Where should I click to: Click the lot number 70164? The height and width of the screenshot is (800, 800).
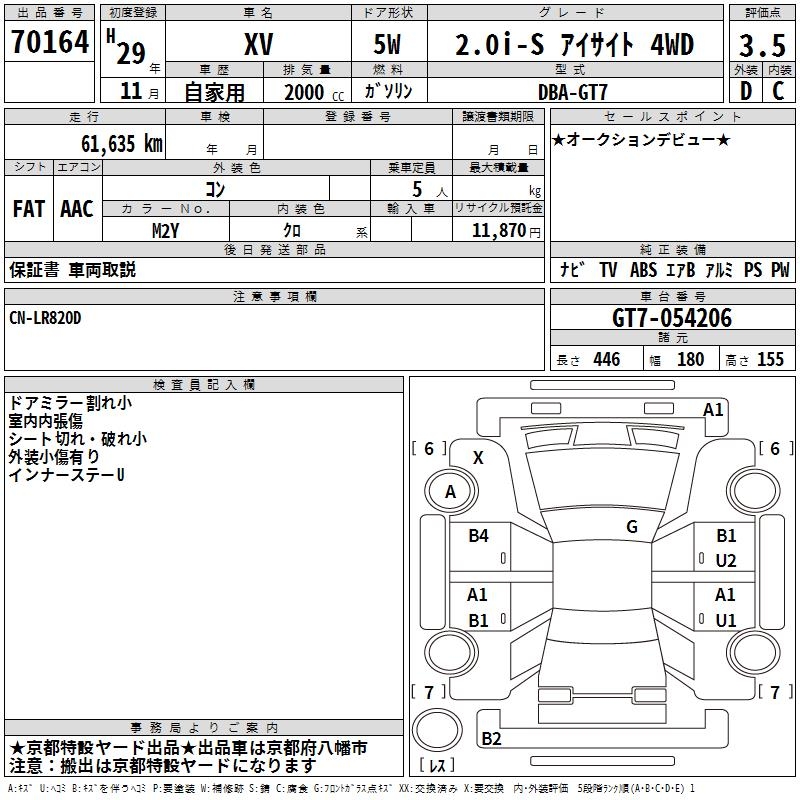pyautogui.click(x=50, y=42)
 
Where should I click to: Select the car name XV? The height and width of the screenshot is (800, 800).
pyautogui.click(x=259, y=44)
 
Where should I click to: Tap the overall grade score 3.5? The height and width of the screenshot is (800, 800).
pyautogui.click(x=762, y=45)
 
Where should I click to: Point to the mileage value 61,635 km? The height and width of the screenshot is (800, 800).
pyautogui.click(x=122, y=143)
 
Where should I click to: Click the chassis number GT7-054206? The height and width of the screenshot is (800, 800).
pyautogui.click(x=672, y=318)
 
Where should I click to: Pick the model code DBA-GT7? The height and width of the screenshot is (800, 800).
pyautogui.click(x=573, y=92)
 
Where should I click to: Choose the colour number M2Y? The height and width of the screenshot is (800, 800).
pyautogui.click(x=166, y=231)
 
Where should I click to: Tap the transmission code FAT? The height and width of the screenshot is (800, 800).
pyautogui.click(x=29, y=209)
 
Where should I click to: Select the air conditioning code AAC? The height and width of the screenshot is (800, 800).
pyautogui.click(x=77, y=209)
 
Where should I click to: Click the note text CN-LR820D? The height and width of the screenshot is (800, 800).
pyautogui.click(x=45, y=318)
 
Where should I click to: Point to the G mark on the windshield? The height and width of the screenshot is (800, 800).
pyautogui.click(x=632, y=527)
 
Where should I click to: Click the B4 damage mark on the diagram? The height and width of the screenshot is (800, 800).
pyautogui.click(x=478, y=536)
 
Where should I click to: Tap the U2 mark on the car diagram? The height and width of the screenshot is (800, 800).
pyautogui.click(x=726, y=561)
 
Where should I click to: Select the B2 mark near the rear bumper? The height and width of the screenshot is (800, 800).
pyautogui.click(x=491, y=738)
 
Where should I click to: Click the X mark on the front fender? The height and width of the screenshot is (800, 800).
pyautogui.click(x=478, y=458)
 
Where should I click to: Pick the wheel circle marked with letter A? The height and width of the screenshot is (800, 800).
pyautogui.click(x=451, y=491)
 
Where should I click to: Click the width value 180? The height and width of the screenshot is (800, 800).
pyautogui.click(x=690, y=359)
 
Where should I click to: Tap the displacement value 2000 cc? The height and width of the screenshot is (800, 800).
pyautogui.click(x=314, y=92)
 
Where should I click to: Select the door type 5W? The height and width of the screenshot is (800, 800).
pyautogui.click(x=387, y=44)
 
